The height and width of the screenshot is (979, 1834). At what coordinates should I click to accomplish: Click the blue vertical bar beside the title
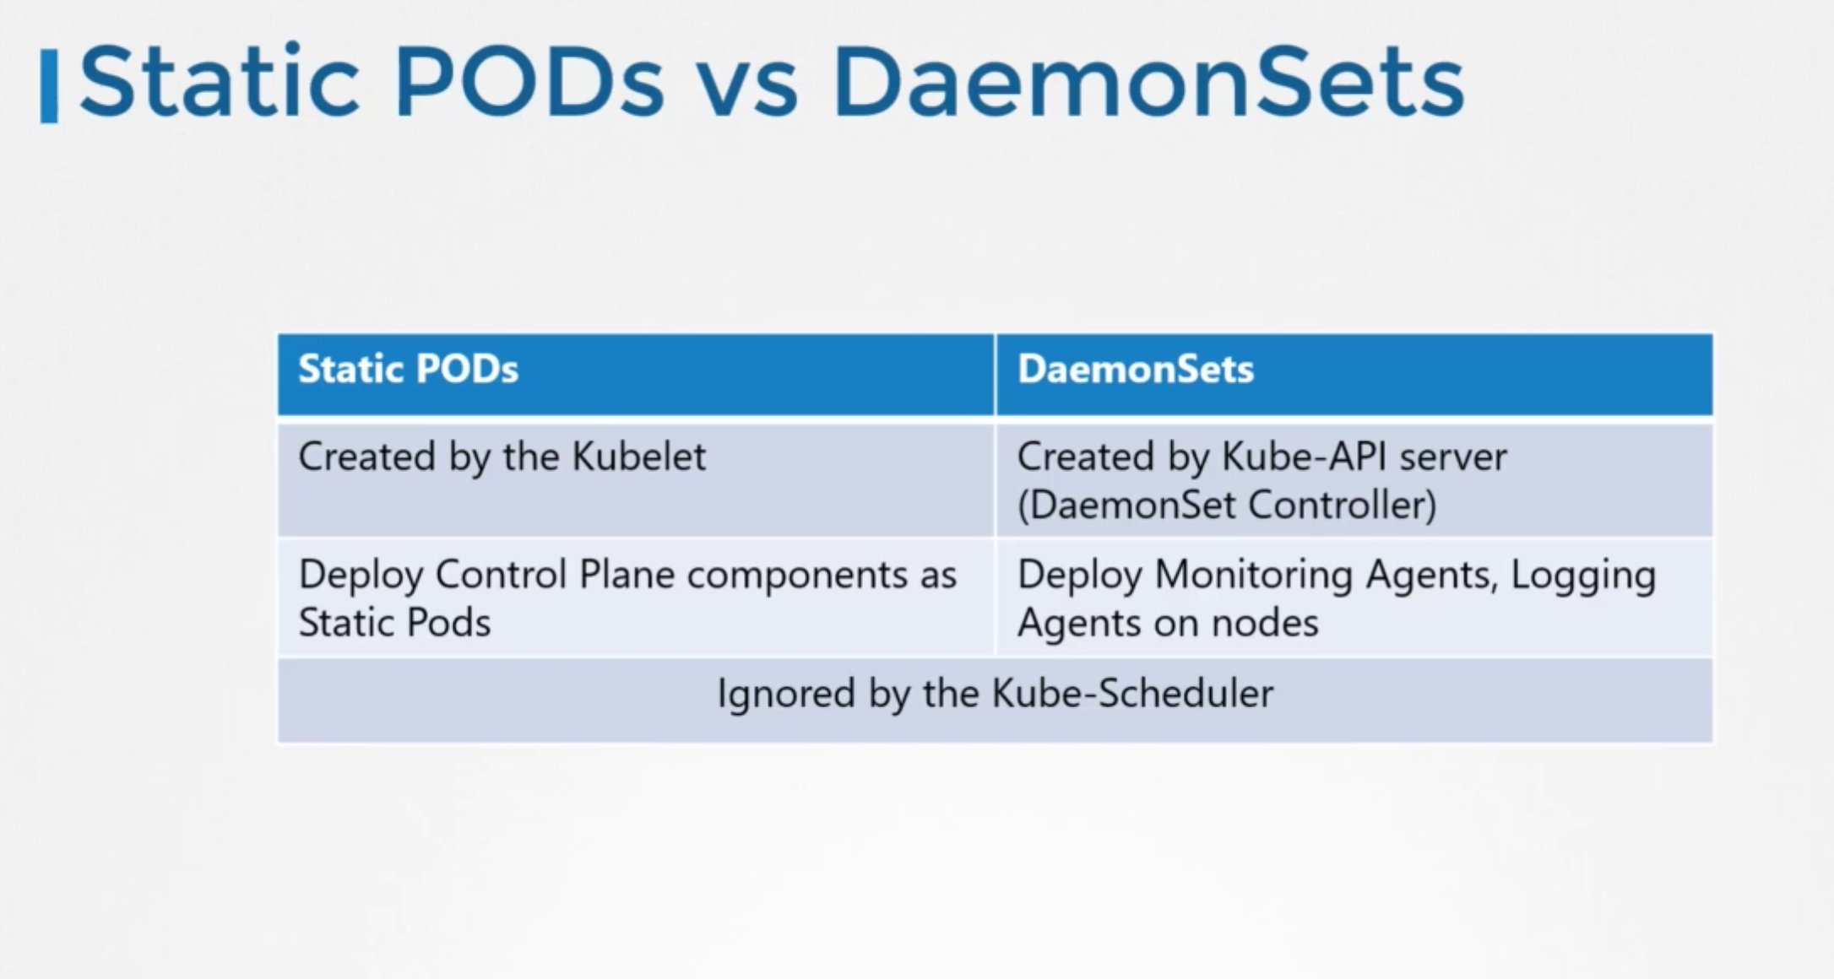(x=49, y=86)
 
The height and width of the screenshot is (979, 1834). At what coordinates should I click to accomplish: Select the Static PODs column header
(x=408, y=370)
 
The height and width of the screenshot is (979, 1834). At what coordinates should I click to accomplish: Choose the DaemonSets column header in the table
(x=1136, y=370)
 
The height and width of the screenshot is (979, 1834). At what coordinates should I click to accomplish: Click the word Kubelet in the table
(x=638, y=457)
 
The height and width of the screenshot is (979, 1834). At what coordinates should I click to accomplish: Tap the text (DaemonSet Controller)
(x=1227, y=506)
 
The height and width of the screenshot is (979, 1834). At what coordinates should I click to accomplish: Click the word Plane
(x=627, y=575)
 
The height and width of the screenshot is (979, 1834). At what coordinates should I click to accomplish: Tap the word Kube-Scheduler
(x=1132, y=694)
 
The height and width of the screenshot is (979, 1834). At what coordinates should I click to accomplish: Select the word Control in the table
(x=502, y=575)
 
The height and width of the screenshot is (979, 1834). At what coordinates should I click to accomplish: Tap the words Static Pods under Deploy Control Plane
(x=394, y=624)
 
